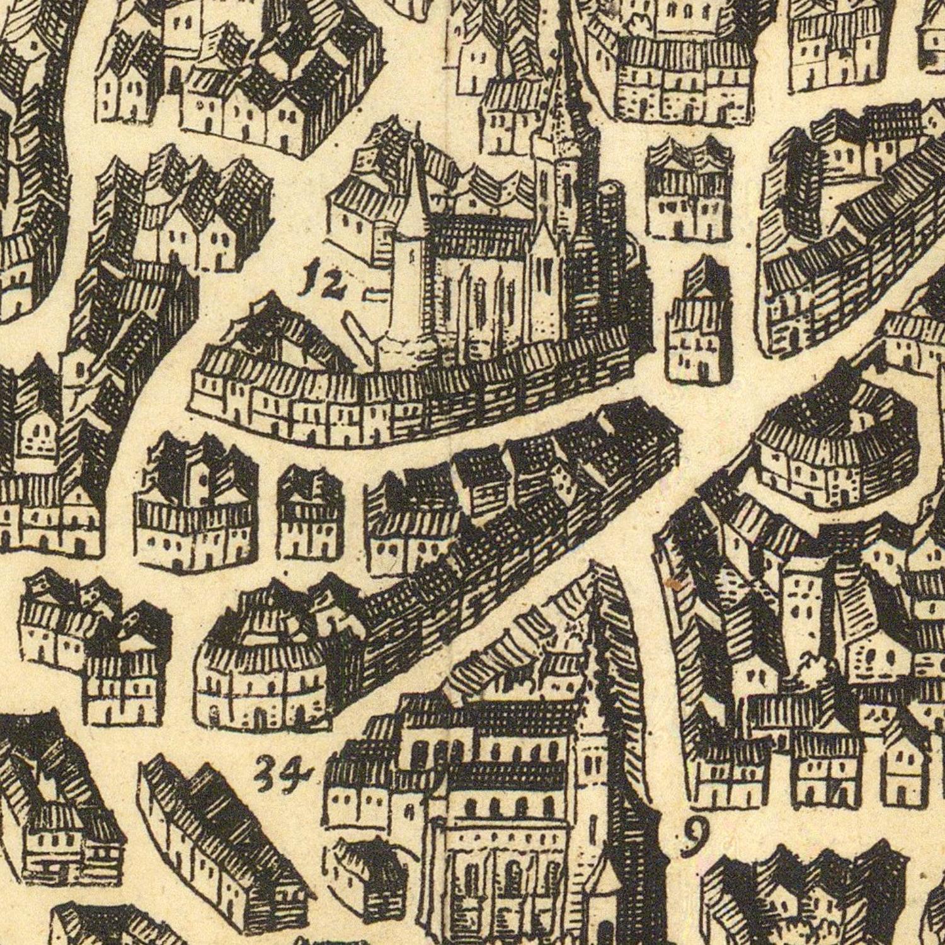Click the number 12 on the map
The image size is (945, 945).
tap(322, 282)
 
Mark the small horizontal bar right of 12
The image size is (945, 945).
tap(376, 292)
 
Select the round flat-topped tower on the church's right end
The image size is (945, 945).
tap(610, 208)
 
